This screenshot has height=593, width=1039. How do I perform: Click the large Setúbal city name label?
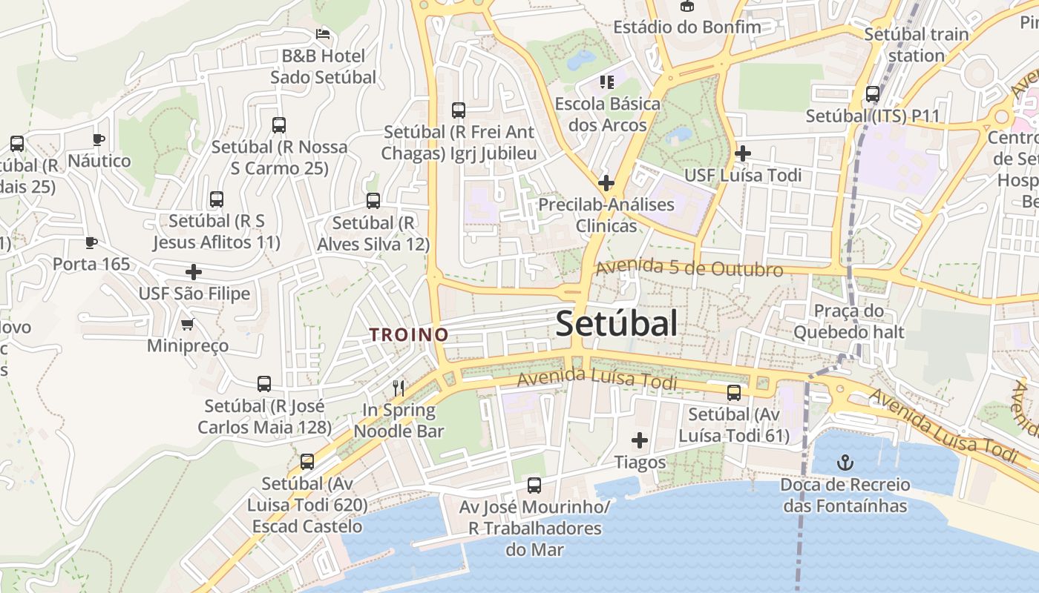click(616, 324)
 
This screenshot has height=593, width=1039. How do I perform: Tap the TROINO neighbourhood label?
click(409, 334)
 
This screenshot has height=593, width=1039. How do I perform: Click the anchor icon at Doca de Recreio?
click(845, 463)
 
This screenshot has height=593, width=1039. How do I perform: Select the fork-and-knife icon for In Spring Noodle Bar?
click(399, 388)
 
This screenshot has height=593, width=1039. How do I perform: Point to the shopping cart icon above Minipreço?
click(187, 324)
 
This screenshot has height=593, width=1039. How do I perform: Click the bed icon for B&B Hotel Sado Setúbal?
click(323, 34)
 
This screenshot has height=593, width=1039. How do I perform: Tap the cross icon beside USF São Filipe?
click(194, 272)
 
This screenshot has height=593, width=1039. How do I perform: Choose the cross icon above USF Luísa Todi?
click(742, 153)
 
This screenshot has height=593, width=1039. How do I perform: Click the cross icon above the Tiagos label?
click(639, 440)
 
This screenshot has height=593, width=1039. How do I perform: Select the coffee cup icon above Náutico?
click(99, 139)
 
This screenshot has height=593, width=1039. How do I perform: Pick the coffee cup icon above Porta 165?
click(91, 242)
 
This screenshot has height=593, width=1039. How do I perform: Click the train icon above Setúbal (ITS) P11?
click(873, 94)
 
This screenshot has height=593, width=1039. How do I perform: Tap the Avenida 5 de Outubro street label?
click(689, 268)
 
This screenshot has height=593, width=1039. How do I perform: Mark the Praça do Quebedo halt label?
click(849, 321)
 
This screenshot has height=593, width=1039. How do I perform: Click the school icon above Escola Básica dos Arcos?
click(607, 82)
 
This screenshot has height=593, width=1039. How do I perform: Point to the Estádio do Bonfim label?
click(687, 27)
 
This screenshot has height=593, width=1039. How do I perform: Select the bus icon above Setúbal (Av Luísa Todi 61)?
click(734, 392)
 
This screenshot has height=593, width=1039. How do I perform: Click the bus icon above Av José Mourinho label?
click(534, 486)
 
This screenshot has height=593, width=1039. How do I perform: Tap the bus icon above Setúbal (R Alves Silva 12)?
click(373, 200)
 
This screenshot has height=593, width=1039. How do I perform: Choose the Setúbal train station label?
click(917, 44)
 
